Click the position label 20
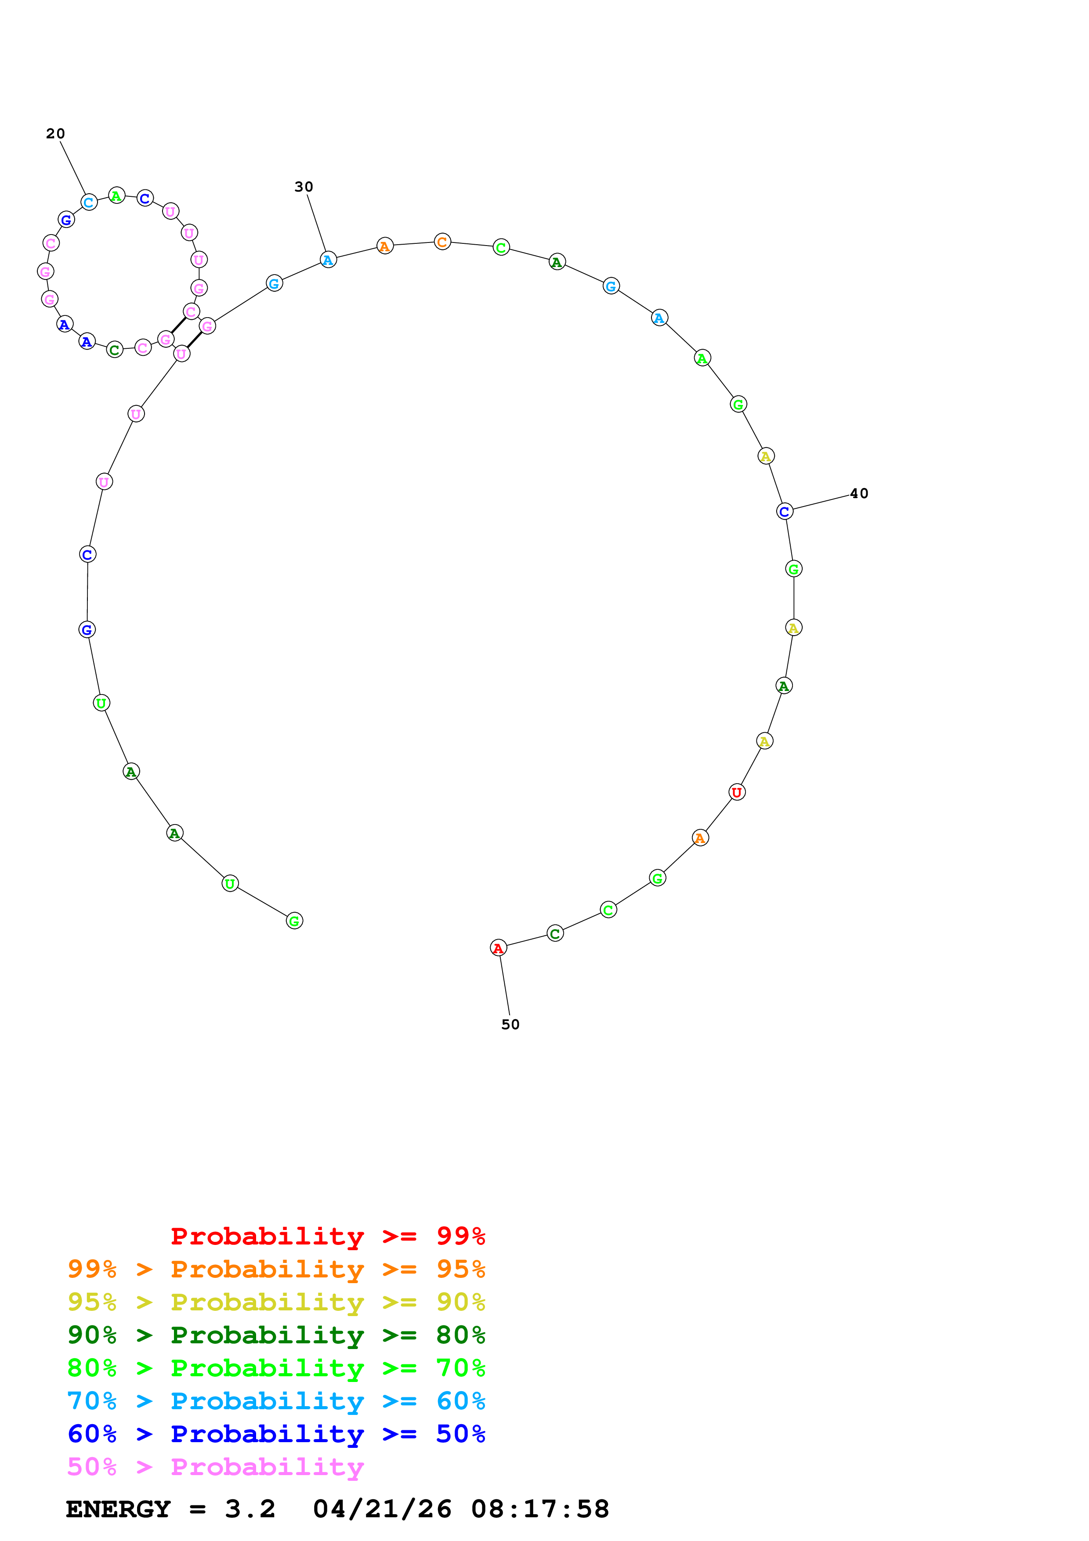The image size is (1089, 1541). (x=55, y=134)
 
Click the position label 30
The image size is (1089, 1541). (x=304, y=187)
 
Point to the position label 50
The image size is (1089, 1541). (x=510, y=1024)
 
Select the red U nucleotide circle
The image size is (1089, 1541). (x=737, y=792)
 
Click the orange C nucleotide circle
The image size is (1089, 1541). (x=442, y=242)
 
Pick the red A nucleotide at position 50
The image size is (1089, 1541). (x=498, y=948)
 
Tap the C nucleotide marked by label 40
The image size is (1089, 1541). (x=785, y=511)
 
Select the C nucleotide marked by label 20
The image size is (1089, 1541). (x=89, y=202)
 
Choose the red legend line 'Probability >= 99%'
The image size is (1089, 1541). (x=327, y=1236)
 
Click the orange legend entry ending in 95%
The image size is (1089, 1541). (x=276, y=1269)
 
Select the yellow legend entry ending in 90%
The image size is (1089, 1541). (x=276, y=1302)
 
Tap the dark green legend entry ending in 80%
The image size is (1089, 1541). (x=276, y=1335)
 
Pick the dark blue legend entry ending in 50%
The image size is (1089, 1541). (x=276, y=1434)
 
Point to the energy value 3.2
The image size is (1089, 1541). (x=250, y=1509)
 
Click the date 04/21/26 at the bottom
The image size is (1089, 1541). (x=382, y=1509)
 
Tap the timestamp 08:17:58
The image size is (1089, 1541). (x=540, y=1509)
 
